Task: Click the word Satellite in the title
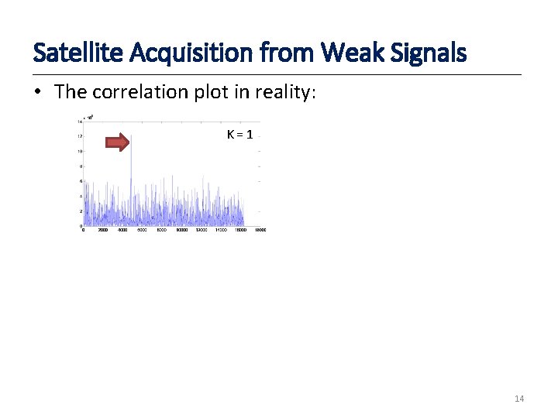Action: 72,53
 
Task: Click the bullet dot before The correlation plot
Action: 38,92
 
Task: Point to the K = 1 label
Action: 239,135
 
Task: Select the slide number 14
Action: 519,399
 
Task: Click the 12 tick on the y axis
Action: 80,137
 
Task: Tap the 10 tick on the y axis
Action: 80,152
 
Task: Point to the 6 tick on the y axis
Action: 81,181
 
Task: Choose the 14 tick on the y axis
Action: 80,122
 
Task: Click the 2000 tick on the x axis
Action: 103,230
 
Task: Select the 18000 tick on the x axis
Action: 261,230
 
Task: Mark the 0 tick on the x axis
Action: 84,230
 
